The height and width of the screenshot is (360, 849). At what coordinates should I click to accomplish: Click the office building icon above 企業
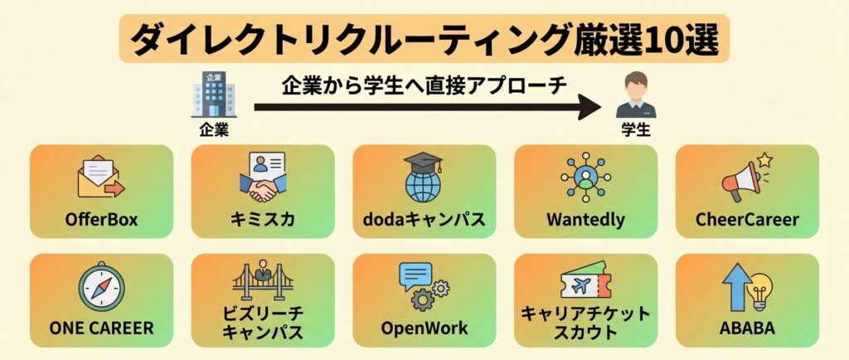[213, 95]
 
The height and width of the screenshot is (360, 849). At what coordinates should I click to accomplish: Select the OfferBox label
[101, 220]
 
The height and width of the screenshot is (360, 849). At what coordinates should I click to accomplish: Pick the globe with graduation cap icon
[424, 178]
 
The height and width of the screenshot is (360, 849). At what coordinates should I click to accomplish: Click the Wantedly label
[585, 220]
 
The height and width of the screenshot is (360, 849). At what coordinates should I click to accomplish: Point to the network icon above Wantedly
[585, 177]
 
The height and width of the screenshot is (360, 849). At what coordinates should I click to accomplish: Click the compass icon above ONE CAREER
[101, 287]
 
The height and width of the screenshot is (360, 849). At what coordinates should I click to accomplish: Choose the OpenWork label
[424, 328]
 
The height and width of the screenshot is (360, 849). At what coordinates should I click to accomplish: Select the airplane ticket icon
[585, 286]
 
